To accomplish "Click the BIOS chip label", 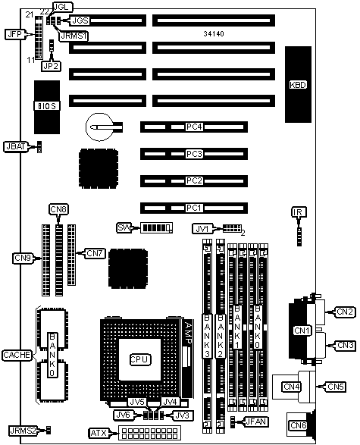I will click(47, 105).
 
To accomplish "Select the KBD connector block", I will click(299, 84).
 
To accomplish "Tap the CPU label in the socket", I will click(138, 359).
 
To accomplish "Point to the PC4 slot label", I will click(194, 127).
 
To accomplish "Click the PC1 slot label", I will click(194, 207).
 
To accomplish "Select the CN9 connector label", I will click(23, 259).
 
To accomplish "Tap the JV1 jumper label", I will click(201, 228).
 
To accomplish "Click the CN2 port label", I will click(345, 311).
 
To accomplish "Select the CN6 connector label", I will click(297, 425).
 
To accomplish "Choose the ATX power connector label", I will click(99, 433).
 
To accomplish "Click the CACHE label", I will click(17, 355).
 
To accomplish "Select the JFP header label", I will click(14, 34).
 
